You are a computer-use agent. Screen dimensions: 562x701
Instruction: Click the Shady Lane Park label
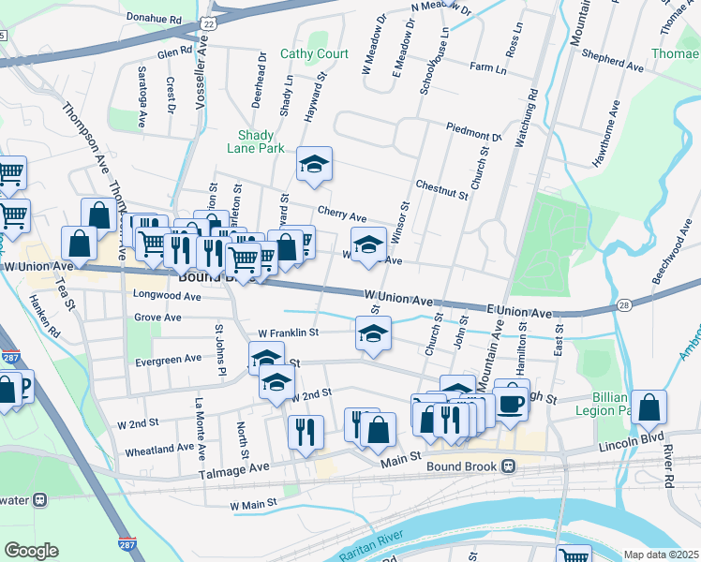pos(255,141)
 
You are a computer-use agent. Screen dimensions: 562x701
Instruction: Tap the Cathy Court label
pos(314,54)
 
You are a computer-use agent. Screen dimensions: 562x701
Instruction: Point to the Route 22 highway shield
pos(209,22)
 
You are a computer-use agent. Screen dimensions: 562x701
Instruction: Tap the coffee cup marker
pos(511,402)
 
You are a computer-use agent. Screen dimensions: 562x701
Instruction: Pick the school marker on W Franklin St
pos(373,334)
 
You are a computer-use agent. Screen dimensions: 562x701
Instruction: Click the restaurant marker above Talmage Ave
pos(306,432)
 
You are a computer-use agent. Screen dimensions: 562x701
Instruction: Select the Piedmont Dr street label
pos(474,130)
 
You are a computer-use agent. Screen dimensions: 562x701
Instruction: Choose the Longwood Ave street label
pos(168,296)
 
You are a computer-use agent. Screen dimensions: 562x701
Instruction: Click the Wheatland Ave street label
pos(159,450)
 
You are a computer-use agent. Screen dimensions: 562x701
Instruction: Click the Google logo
pos(31,551)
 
